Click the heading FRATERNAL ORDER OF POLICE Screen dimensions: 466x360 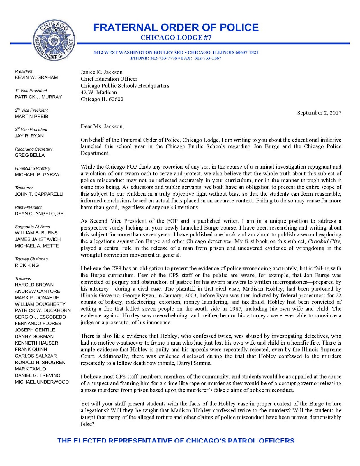(x=176, y=27)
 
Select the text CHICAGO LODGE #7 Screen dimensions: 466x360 (x=176, y=38)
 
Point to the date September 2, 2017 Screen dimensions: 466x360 (x=319, y=113)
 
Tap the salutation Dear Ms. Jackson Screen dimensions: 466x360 (x=102, y=126)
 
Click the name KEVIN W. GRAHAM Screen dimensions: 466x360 (x=36, y=77)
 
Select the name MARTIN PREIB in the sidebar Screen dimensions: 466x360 (x=31, y=116)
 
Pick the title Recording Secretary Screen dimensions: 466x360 (x=33, y=149)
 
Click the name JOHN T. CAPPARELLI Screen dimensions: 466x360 (x=39, y=194)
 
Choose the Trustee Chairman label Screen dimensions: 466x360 (x=31, y=259)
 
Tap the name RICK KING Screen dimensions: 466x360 (x=27, y=265)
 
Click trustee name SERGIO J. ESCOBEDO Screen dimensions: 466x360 (x=40, y=317)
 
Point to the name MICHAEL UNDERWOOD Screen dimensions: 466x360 (x=42, y=382)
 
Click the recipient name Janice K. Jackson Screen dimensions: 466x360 (x=101, y=72)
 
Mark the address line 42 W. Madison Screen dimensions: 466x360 (x=99, y=93)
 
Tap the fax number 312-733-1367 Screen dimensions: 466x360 (x=208, y=58)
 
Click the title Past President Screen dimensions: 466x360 (x=28, y=207)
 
